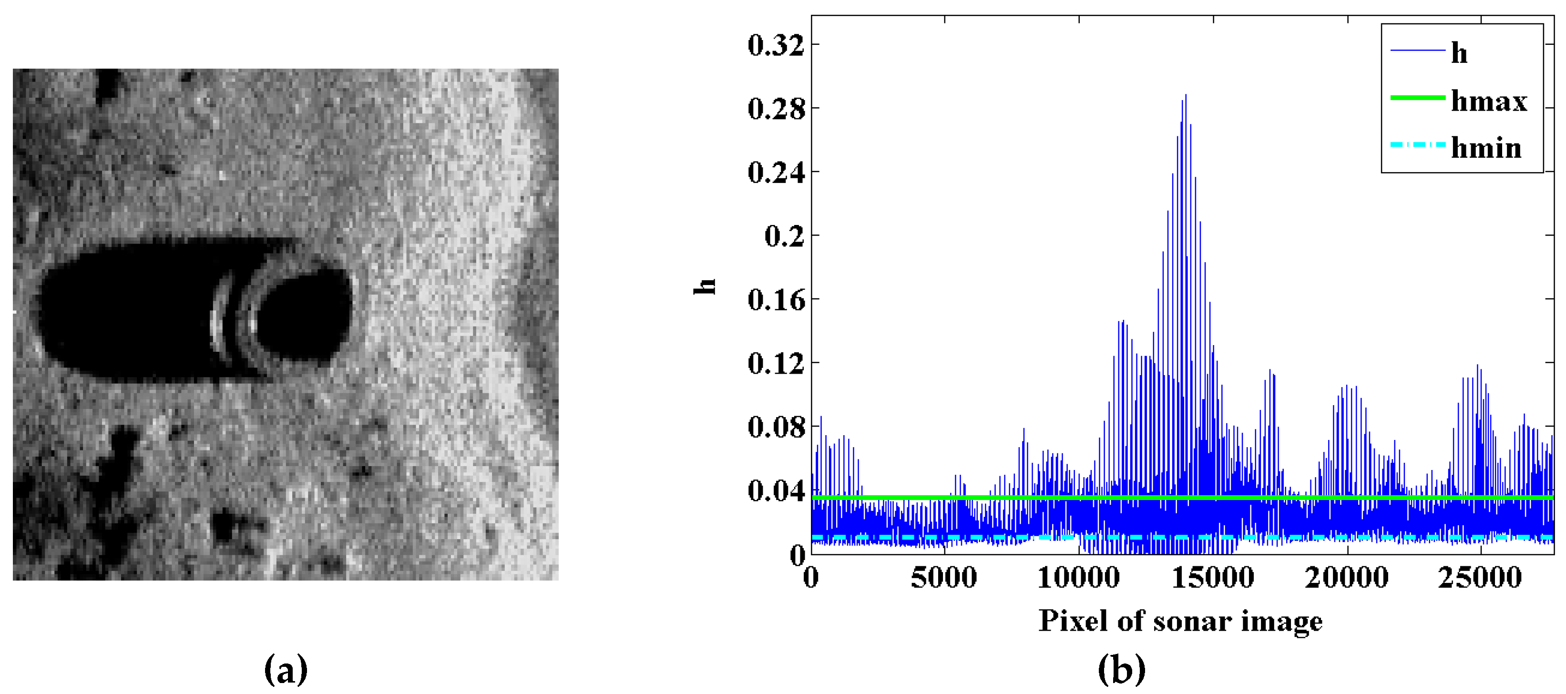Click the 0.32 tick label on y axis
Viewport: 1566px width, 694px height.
[775, 46]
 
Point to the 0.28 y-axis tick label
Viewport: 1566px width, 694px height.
[775, 109]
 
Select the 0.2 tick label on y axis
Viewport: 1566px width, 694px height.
[784, 236]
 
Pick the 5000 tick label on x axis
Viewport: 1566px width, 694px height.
[943, 577]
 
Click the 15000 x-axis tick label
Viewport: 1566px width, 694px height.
[1212, 577]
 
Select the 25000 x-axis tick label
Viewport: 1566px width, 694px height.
[1480, 577]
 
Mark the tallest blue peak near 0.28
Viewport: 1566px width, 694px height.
[1186, 97]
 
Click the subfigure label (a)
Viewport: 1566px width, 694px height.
[286, 670]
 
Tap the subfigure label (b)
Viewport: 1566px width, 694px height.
[1122, 670]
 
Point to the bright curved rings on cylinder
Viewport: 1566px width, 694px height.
[234, 316]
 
